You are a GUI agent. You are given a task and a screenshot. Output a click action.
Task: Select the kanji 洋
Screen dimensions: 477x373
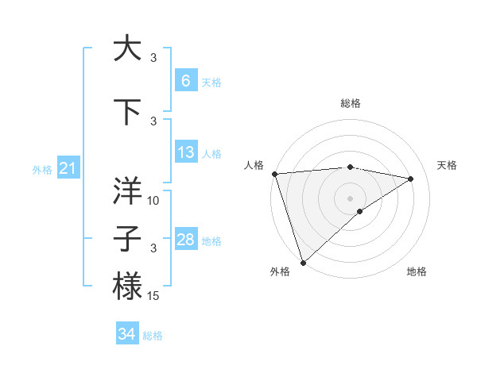[x=127, y=190]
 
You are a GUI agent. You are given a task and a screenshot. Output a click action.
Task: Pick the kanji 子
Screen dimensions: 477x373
[x=127, y=238]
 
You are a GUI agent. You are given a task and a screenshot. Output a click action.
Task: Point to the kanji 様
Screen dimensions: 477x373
[x=127, y=286]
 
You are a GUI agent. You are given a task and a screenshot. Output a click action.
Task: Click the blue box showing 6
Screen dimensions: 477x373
[x=185, y=80]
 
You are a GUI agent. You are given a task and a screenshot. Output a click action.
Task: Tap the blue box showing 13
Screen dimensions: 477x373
[x=185, y=152]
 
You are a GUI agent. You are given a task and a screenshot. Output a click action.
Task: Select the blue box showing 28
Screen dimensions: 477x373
[x=185, y=240]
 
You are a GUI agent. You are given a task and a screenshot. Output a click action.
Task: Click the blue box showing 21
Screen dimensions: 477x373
[x=68, y=167]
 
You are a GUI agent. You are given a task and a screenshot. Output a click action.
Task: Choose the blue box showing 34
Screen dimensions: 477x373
[x=126, y=334]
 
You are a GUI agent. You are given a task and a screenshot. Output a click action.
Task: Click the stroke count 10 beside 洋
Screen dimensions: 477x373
[x=154, y=201]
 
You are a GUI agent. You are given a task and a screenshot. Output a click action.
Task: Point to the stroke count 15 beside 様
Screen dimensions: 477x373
[x=154, y=296]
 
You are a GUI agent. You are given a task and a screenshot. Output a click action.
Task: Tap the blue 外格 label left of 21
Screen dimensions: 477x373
[x=41, y=169]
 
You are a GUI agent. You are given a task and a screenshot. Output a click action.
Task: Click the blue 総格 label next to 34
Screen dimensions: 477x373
[x=153, y=336]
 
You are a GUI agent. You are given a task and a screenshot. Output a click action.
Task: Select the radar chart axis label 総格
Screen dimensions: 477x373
[x=350, y=103]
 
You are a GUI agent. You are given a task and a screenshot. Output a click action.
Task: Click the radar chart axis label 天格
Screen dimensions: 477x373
[x=447, y=165]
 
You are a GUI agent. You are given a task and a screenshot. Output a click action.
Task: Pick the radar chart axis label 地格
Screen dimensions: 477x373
[x=417, y=271]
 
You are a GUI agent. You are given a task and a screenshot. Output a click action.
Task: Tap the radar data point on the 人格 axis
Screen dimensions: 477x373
[x=274, y=174]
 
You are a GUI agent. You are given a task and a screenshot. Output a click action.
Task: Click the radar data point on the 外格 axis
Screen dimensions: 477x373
[x=303, y=262]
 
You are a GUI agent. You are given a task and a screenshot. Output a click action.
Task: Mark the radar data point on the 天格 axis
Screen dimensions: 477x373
[x=411, y=179]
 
